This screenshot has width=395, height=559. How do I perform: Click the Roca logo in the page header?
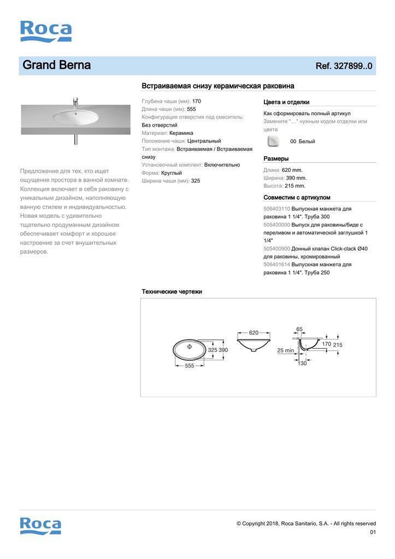point(46,31)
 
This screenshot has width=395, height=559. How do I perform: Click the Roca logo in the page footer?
point(40,526)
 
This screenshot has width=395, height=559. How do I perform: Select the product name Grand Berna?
point(56,66)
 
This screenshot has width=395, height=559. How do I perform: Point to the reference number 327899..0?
point(344,66)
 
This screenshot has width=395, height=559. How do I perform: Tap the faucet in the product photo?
point(75,102)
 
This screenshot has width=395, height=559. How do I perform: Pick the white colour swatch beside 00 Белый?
point(273,141)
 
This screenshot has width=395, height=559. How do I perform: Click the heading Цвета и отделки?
point(286,102)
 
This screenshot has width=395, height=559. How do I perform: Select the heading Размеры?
point(276,158)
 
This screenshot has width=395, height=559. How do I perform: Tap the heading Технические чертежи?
point(172,292)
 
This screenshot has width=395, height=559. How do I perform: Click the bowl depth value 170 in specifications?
point(197,101)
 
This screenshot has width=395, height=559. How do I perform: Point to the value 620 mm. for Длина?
point(292,170)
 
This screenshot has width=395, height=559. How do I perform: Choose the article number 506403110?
point(276,209)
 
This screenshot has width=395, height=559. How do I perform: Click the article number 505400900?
point(276,248)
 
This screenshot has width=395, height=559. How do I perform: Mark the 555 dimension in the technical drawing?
point(189,366)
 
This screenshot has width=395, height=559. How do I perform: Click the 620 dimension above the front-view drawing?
point(253,332)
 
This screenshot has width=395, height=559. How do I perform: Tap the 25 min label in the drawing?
point(285,350)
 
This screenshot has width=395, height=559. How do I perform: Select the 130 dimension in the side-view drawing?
point(302,364)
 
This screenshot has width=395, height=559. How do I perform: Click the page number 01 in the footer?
point(373,532)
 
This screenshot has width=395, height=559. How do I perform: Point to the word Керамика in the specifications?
point(181,133)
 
